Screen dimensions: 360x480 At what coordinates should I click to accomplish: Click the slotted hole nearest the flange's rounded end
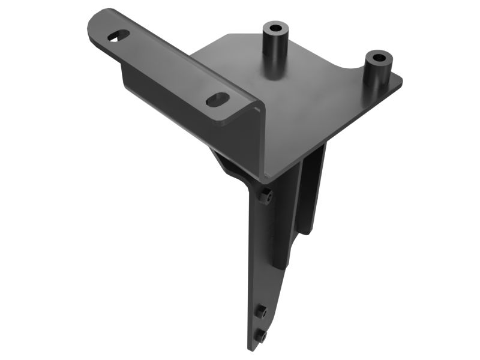click(118, 36)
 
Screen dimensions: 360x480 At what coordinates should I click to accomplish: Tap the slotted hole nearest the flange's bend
click(217, 99)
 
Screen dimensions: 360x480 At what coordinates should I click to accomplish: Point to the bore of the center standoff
click(275, 28)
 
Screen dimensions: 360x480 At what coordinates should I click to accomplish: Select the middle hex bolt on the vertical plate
click(262, 311)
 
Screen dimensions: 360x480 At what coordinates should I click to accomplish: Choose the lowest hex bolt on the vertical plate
click(262, 336)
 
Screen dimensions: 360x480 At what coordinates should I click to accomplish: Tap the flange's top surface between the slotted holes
click(168, 66)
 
